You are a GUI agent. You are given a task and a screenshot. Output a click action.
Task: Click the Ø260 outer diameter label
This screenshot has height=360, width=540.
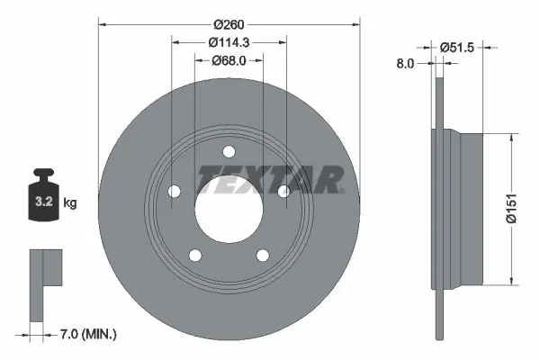[x=229, y=24]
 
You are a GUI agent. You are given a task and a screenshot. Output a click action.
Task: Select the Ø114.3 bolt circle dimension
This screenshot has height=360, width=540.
[x=229, y=43]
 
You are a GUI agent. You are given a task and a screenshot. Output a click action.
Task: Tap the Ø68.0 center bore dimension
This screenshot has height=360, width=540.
[x=229, y=61]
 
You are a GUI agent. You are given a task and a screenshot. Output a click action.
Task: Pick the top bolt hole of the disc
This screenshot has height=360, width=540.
[x=228, y=151]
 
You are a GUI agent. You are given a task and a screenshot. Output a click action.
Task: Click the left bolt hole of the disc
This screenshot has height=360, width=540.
[x=175, y=191]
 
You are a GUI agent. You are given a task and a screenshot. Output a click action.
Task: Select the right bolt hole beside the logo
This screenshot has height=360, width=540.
[x=283, y=191]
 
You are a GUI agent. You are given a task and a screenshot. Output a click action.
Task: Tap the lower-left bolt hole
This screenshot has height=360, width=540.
[x=194, y=255]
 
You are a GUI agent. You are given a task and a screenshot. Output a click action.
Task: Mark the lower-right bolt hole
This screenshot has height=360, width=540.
[x=262, y=255]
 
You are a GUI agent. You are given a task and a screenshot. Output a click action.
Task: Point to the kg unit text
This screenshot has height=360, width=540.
[x=70, y=203]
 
